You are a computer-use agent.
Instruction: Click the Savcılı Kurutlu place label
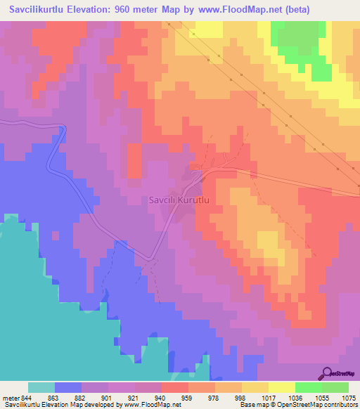(x=180, y=200)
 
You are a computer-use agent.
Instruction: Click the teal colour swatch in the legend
(x=41, y=387)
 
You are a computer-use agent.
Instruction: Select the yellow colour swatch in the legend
(x=282, y=387)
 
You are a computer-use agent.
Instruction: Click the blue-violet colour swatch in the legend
(x=68, y=387)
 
